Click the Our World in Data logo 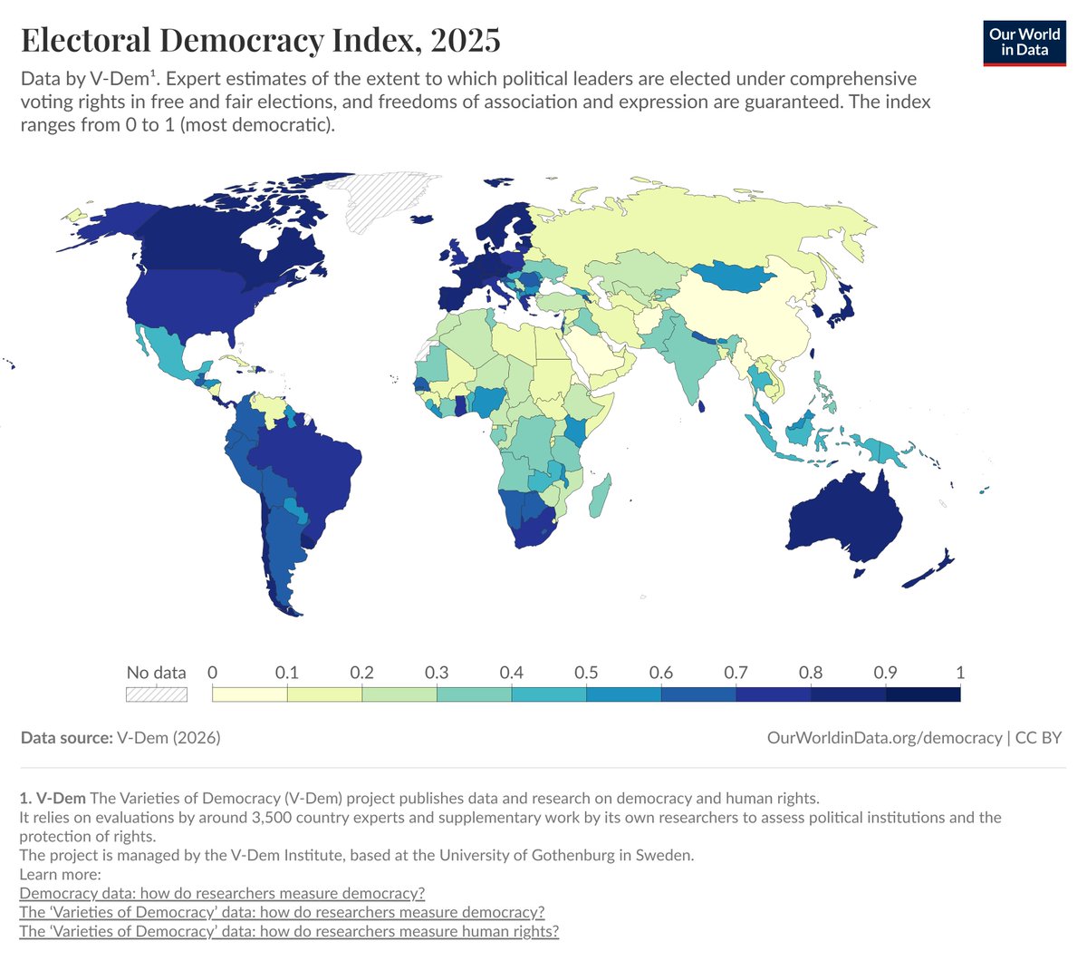coord(1024,42)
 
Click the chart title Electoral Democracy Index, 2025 coord(260,41)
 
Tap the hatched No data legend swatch coord(156,694)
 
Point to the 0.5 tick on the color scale coord(586,673)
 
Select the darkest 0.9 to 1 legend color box coord(922,694)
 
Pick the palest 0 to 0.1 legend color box coord(249,694)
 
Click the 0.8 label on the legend coord(811,673)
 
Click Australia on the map coord(842,517)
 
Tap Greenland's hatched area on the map coord(380,199)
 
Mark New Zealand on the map coord(928,571)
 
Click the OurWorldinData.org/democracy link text coord(884,738)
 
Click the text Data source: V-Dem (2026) coord(120,738)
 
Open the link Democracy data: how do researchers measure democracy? coord(222,893)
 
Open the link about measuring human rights coord(289,931)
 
